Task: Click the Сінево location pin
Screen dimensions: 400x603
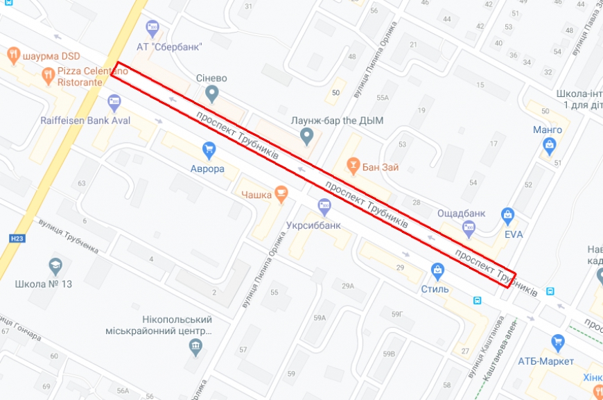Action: click(212, 93)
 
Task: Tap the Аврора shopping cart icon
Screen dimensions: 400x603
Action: click(209, 150)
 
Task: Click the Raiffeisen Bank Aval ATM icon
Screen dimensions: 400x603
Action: click(114, 103)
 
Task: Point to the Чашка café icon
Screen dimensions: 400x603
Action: click(281, 194)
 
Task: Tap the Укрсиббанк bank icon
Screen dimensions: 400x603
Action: click(324, 206)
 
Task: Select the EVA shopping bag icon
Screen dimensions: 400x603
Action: click(508, 216)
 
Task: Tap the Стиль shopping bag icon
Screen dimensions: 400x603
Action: click(437, 270)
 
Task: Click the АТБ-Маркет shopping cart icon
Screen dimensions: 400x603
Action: click(557, 342)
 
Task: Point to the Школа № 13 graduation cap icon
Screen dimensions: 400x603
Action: click(55, 266)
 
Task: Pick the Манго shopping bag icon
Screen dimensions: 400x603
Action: click(550, 146)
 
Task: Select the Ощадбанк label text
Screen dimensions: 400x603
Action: click(462, 212)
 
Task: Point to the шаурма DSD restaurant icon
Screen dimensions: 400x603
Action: click(13, 55)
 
